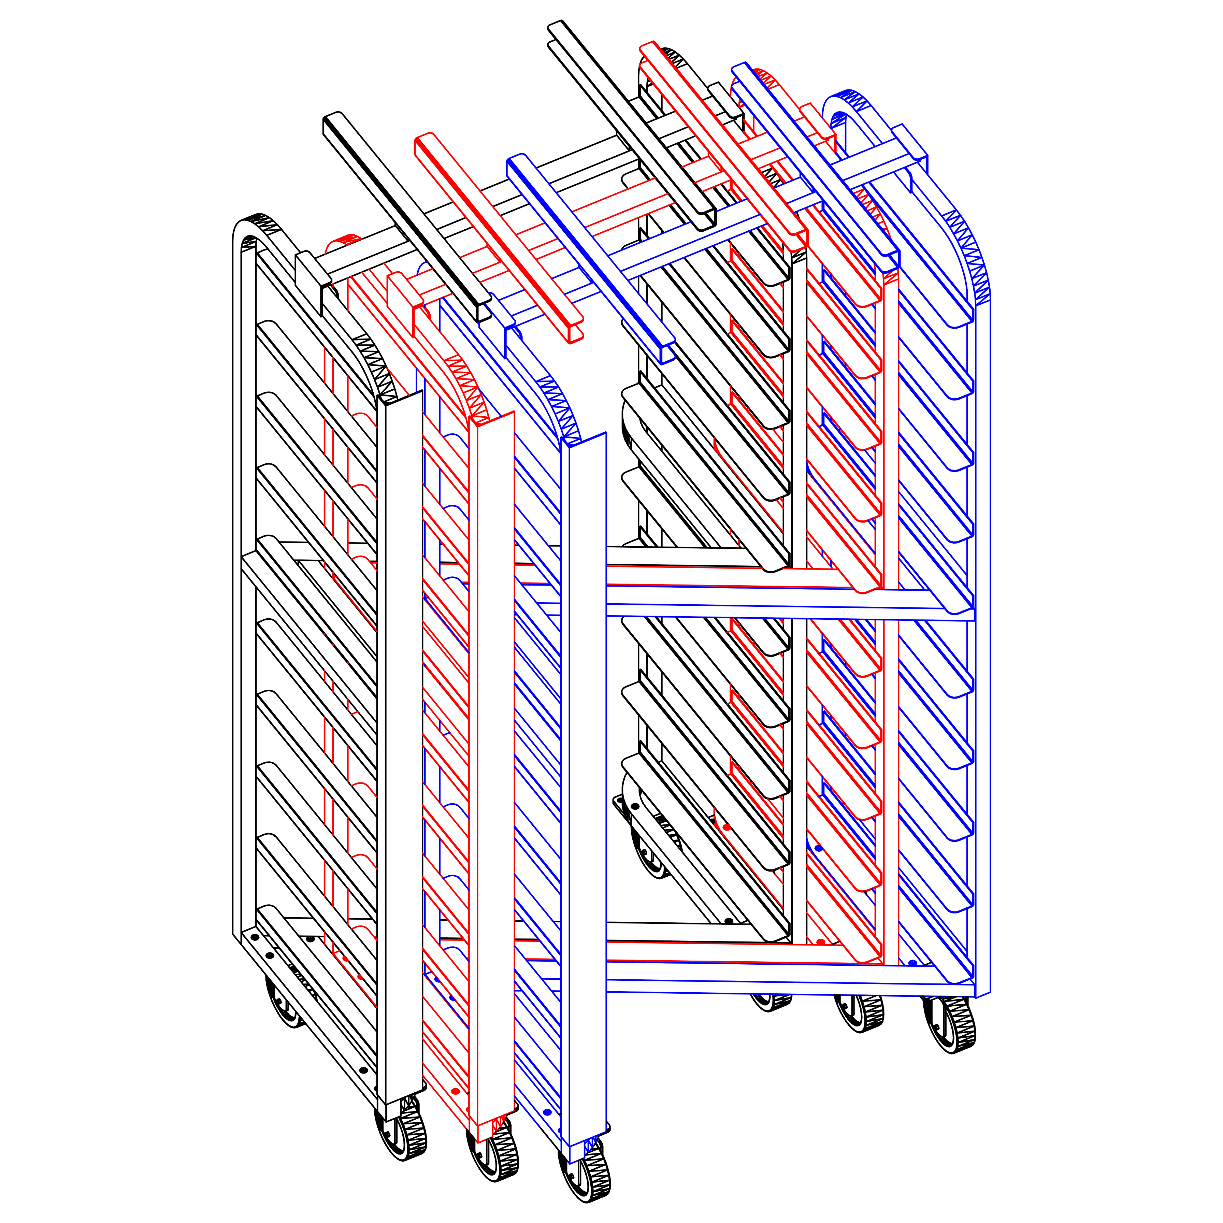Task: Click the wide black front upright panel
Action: [400, 747]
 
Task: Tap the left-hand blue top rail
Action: [589, 253]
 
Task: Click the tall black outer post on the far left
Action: [238, 570]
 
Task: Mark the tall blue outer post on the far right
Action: [983, 633]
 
